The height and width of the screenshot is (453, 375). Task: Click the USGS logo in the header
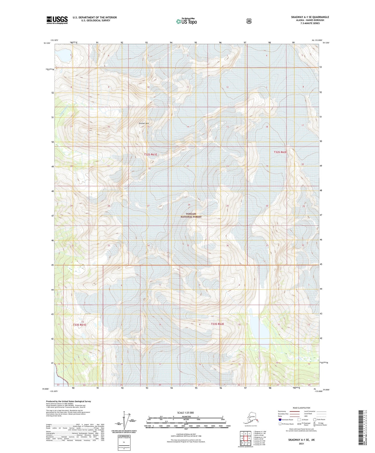coord(57,20)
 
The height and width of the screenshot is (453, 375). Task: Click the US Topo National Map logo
coord(186,21)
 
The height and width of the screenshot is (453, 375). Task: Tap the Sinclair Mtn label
coord(144,123)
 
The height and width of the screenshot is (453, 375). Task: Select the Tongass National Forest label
coord(191,215)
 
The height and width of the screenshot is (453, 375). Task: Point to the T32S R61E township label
coord(151,155)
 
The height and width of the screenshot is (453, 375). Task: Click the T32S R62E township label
coord(280,152)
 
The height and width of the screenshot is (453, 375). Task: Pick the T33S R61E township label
coord(79,325)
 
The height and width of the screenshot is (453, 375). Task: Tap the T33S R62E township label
coord(217,324)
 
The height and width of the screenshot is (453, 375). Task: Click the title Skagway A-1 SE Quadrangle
coord(310,17)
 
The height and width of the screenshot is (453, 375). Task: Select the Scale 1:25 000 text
coord(186,413)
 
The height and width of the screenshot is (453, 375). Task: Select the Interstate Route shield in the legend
coord(280,419)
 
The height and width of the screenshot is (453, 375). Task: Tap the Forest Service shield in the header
coord(249,21)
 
